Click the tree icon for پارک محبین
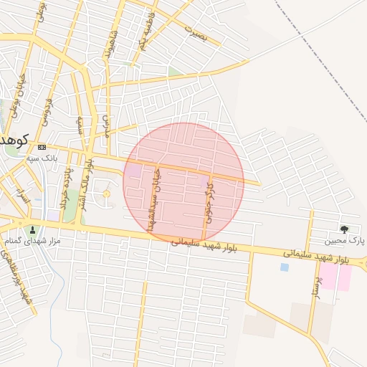click(x=345, y=229)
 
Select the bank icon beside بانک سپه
click(x=42, y=147)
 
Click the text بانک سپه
click(x=41, y=157)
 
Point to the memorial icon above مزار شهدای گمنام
click(x=32, y=230)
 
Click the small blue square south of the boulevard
click(x=285, y=267)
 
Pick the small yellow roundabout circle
click(x=108, y=194)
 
